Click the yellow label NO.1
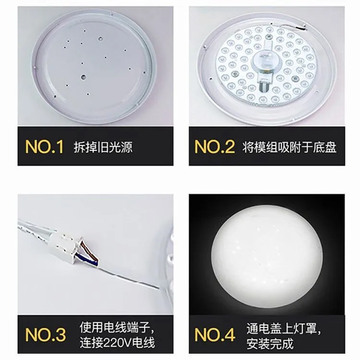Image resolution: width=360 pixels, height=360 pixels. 44,146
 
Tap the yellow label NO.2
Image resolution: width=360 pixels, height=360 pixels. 215,146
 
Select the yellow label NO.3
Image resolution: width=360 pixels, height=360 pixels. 46,334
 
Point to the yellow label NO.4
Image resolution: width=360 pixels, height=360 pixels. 215,334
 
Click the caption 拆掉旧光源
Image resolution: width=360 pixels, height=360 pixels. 103,147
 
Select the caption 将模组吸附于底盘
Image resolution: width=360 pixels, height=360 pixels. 289,147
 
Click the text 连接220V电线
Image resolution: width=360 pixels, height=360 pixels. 117,343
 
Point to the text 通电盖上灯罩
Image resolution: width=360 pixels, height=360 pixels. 281,328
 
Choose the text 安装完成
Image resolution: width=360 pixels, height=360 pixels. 270,344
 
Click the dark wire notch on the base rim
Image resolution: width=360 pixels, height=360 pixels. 301,28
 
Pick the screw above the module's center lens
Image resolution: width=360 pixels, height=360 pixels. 268,36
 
